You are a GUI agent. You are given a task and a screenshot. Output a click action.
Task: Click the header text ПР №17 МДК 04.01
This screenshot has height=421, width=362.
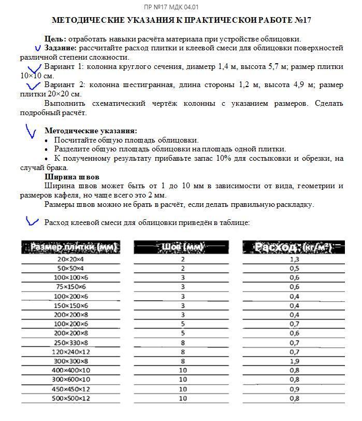point(177,7)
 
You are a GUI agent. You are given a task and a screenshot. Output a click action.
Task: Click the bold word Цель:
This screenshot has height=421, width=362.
point(55,39)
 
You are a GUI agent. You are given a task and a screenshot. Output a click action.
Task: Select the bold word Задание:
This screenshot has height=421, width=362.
point(61,48)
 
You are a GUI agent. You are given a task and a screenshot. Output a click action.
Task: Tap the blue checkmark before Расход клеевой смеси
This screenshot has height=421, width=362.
point(32,221)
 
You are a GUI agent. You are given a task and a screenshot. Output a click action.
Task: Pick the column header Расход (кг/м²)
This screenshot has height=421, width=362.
point(294,247)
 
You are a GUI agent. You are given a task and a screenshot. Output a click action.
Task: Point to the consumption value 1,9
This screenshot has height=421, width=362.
point(294,361)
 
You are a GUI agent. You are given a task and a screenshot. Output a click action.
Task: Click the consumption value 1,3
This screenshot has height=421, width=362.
point(294,259)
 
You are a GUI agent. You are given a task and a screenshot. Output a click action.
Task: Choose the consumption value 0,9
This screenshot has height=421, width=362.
point(294,389)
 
